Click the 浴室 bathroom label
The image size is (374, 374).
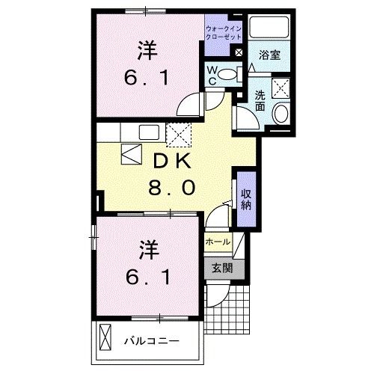point(270,55)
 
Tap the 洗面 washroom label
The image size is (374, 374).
point(260,100)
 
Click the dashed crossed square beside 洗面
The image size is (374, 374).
point(282,87)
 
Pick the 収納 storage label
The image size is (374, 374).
point(245,200)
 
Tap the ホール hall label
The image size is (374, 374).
point(217,242)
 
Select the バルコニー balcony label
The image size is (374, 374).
point(151,340)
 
